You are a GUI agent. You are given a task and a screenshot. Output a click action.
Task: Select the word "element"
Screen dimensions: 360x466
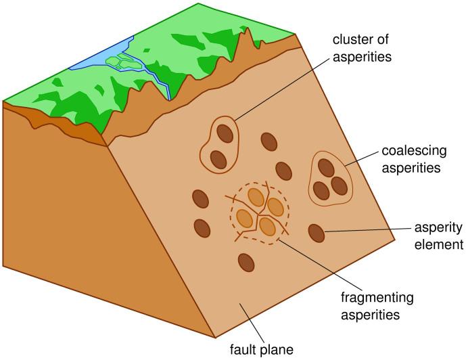(x=440, y=244)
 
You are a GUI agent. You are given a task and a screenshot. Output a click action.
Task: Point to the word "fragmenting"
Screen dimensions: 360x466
(x=377, y=297)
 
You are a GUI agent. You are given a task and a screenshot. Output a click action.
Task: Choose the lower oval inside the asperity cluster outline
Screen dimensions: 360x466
(x=218, y=159)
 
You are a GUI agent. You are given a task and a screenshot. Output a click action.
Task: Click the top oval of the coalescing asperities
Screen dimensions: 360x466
(x=327, y=166)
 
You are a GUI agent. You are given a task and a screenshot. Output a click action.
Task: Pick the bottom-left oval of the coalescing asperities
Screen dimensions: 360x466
(x=321, y=190)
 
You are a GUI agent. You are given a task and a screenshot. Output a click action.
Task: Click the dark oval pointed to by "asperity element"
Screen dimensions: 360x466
(x=317, y=233)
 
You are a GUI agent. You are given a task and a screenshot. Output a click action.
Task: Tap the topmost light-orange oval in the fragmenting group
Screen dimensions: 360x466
(x=256, y=196)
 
